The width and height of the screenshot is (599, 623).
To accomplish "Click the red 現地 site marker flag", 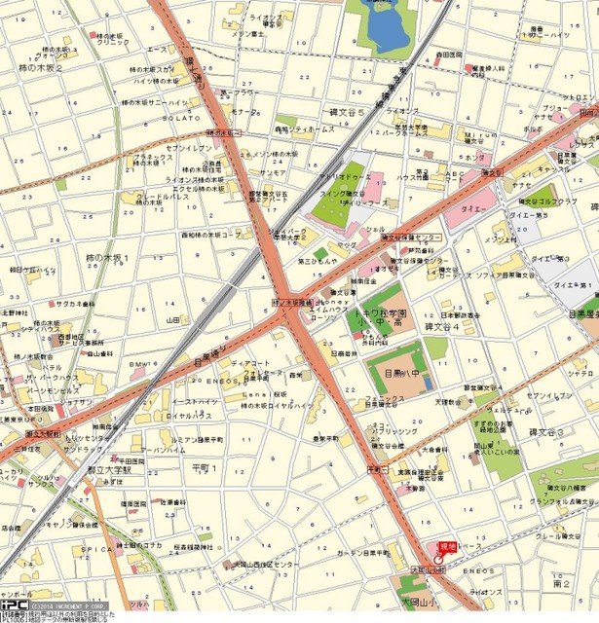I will (448, 548).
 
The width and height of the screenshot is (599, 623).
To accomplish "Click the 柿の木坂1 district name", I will (107, 258).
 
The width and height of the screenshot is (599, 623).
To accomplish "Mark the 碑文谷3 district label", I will (573, 430).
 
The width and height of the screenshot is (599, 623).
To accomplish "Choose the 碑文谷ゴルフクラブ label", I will (555, 202).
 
